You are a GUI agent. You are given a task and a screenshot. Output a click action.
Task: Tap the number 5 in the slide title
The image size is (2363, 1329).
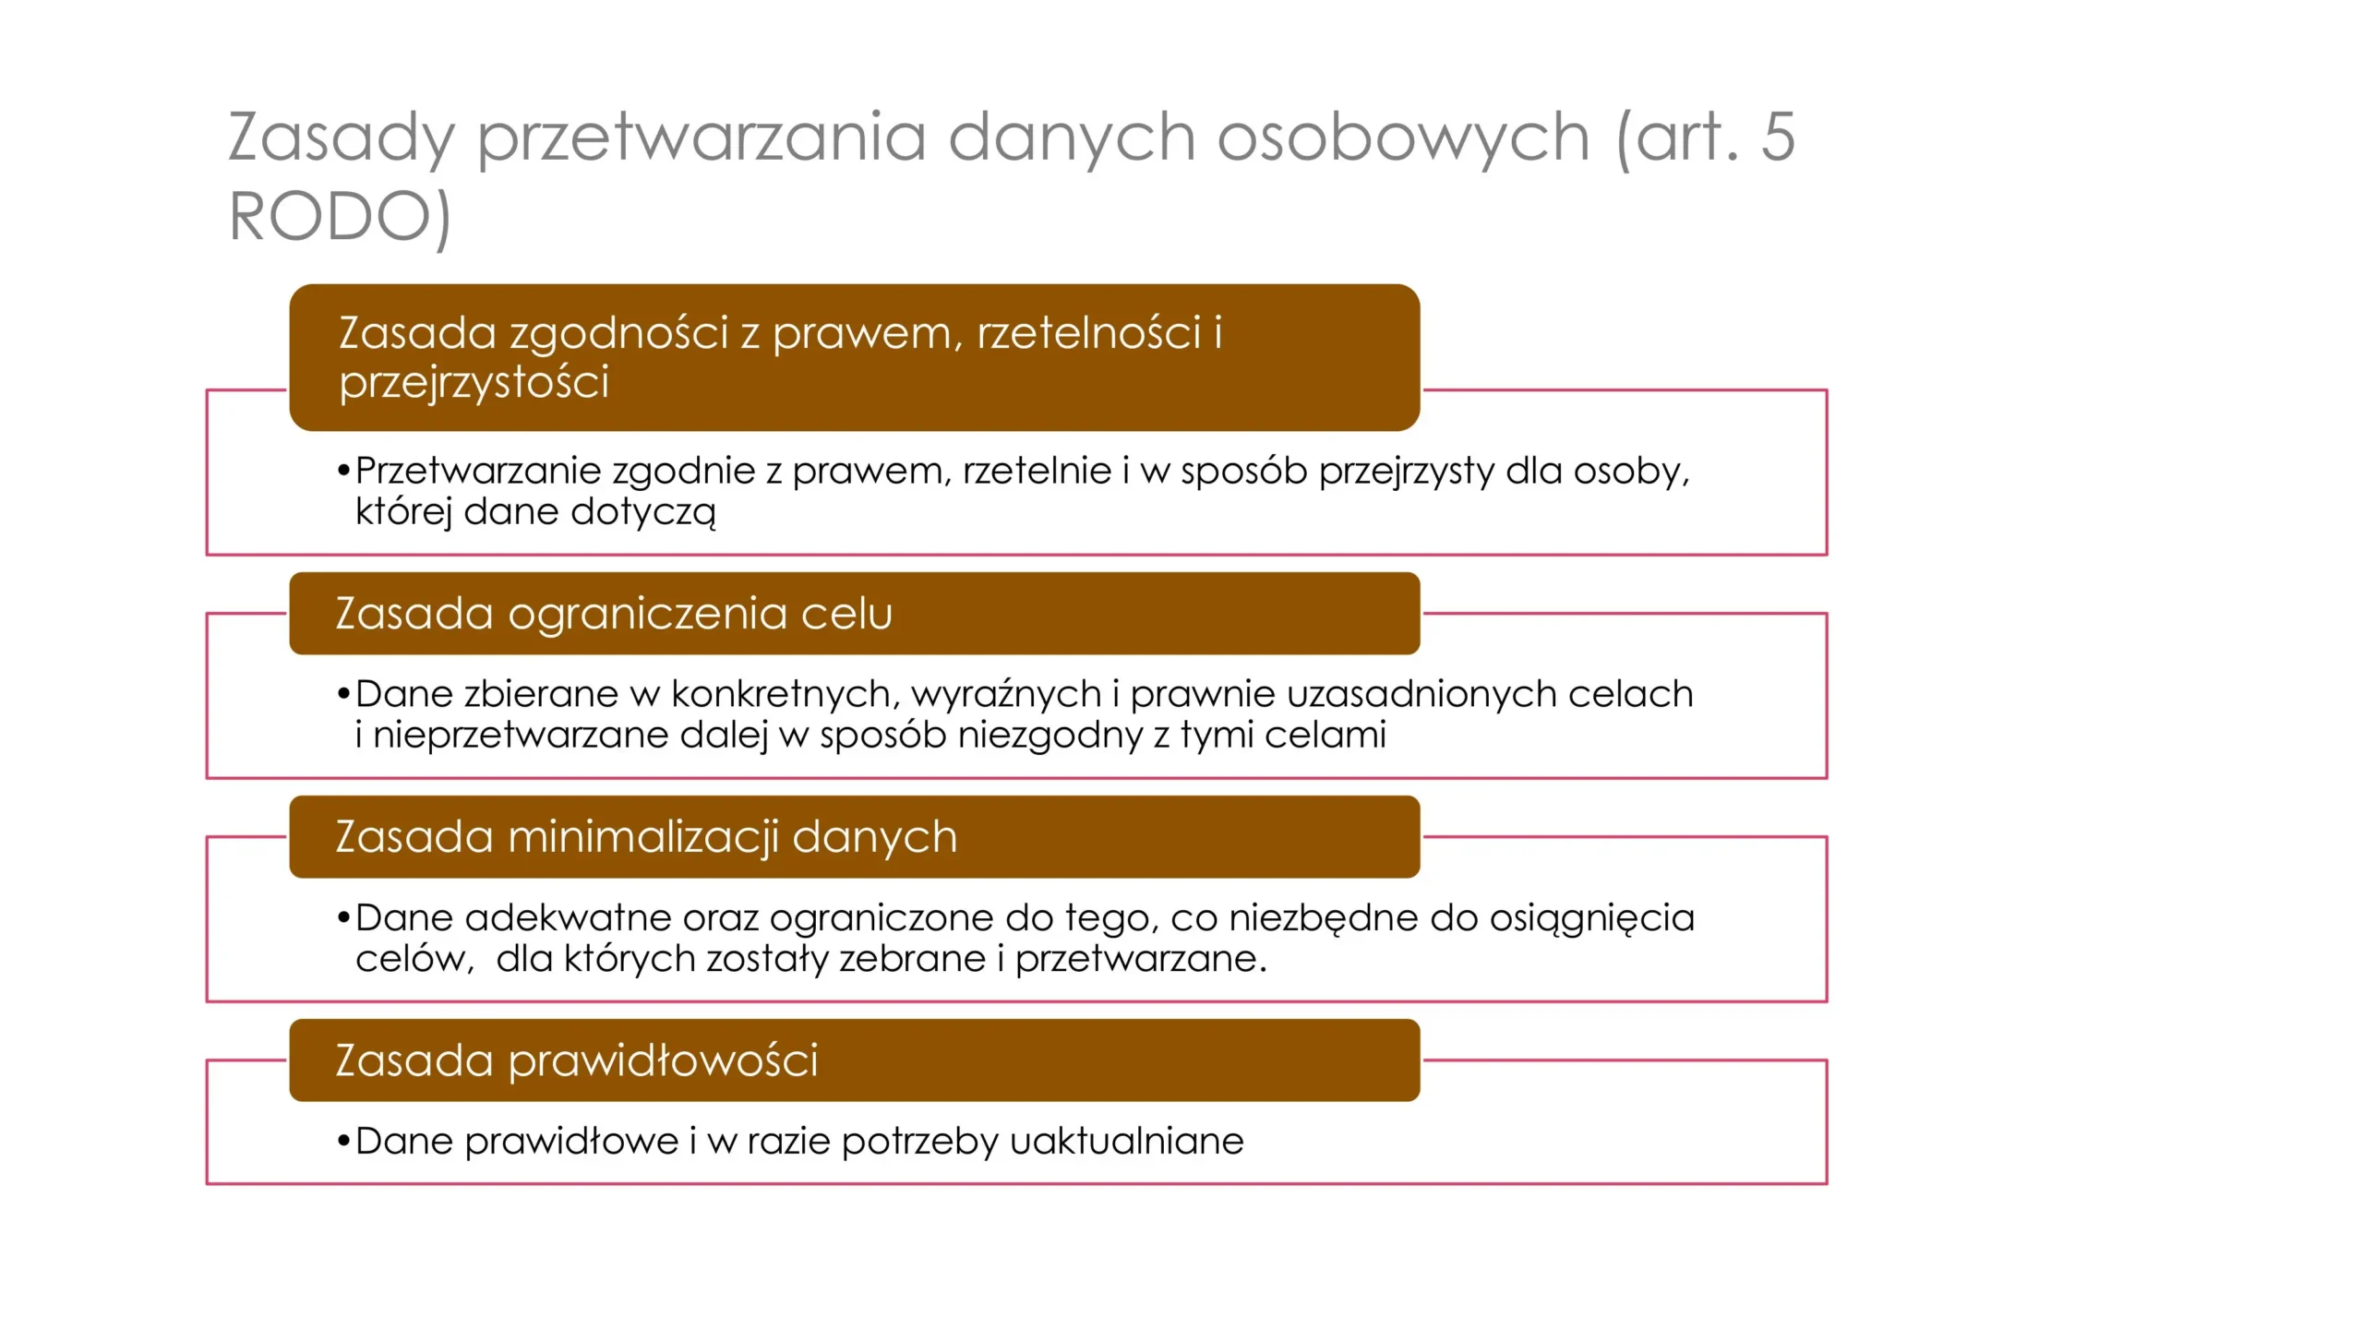[x=1778, y=137]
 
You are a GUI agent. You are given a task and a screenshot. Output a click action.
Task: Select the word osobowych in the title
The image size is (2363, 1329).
[x=1403, y=138]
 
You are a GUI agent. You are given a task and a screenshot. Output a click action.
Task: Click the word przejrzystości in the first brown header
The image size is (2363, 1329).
[x=474, y=383]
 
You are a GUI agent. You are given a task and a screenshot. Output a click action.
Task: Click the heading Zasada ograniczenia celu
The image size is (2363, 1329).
[x=614, y=614]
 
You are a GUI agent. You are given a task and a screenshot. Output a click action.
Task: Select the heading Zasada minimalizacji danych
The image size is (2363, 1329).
[x=646, y=837]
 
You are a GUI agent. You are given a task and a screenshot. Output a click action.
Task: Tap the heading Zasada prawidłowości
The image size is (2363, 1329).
[x=577, y=1060]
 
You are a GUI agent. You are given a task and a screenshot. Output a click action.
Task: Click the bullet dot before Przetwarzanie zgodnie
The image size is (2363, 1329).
[x=343, y=472]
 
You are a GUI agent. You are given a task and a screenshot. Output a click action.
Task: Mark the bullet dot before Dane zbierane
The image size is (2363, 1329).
[x=343, y=694]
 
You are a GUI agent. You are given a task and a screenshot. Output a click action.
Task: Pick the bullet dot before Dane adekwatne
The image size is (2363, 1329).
[x=343, y=918]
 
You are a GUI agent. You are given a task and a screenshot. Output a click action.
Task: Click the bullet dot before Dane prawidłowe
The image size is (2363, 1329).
[x=343, y=1142]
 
